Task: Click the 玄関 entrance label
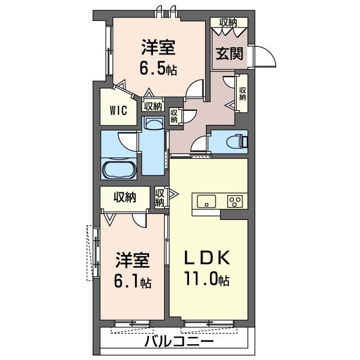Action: (229, 53)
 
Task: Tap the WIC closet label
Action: (119, 111)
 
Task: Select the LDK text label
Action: (208, 258)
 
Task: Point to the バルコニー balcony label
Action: (179, 341)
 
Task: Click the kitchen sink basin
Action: (206, 201)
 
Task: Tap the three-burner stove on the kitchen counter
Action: (235, 201)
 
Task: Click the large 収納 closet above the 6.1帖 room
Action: (125, 197)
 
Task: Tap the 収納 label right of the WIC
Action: (153, 106)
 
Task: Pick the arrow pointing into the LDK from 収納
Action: (173, 194)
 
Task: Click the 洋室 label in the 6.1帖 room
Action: (133, 260)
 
